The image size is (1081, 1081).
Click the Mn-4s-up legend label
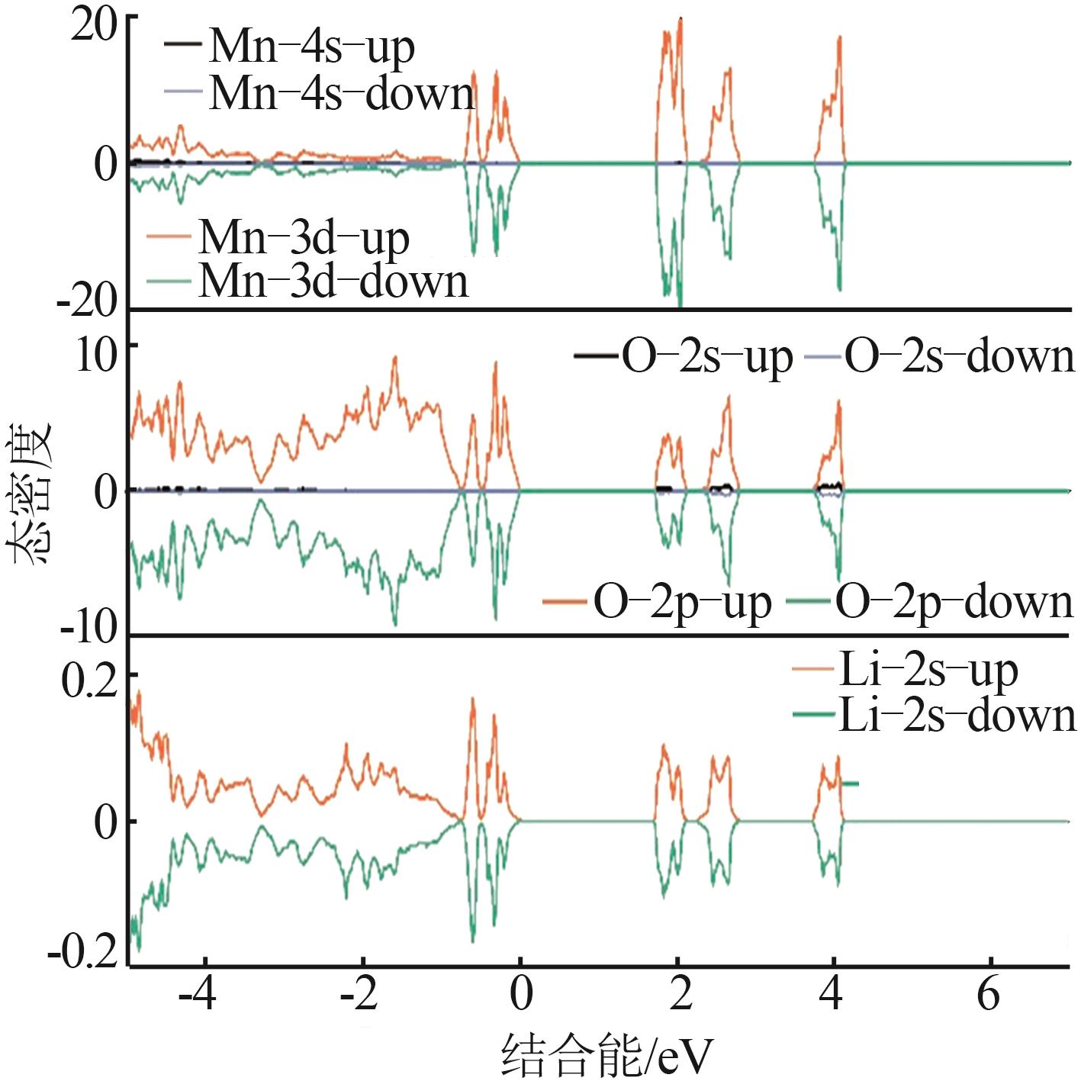311,47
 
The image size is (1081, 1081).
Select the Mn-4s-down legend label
342,94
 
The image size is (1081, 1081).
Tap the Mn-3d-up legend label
304,238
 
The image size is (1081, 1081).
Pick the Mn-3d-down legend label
333,282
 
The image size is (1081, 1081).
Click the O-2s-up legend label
706,357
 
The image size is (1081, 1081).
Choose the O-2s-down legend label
959,357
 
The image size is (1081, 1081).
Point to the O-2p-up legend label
682,603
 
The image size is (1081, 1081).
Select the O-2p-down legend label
954,603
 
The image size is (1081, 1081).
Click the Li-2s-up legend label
928,671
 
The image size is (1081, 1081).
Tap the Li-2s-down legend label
957,716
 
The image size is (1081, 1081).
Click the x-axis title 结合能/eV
607,1055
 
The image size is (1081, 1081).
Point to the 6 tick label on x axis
989,995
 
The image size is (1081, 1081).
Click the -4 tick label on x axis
197,995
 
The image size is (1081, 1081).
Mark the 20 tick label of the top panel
93,24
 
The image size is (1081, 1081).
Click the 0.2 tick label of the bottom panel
90,680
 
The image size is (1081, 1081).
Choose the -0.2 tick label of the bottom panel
82,953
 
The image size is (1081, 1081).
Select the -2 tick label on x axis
355,995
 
